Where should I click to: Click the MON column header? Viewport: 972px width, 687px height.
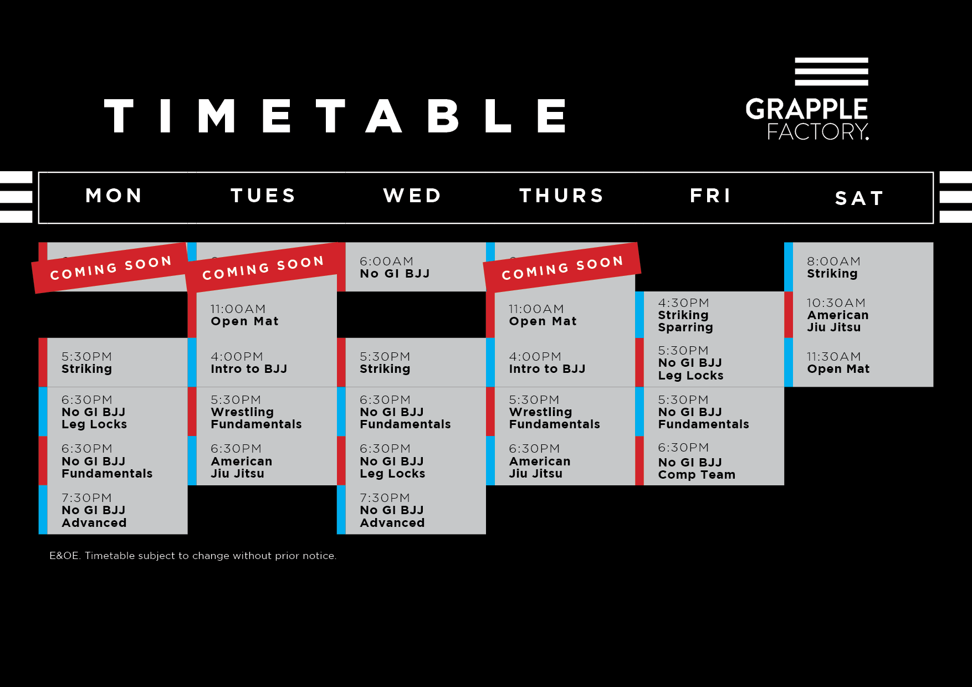point(114,196)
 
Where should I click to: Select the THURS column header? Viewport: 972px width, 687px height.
point(561,196)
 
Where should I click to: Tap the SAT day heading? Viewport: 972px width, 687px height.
point(859,198)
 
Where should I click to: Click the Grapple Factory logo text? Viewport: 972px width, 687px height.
point(807,119)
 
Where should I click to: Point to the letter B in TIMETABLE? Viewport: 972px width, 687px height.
point(443,116)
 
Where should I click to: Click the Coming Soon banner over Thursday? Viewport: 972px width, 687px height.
point(562,268)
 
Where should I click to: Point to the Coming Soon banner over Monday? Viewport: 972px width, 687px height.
point(111,268)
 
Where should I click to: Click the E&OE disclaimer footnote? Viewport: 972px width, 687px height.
point(193,556)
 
